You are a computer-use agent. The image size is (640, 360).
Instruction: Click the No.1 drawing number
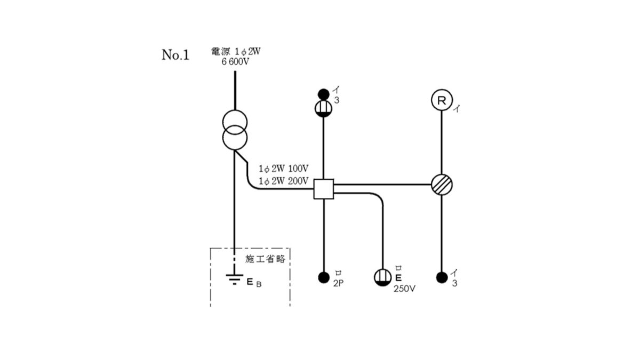coord(175,55)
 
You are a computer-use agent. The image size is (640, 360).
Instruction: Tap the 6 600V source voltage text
coord(235,62)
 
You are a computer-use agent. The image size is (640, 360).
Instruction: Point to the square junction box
coord(324,189)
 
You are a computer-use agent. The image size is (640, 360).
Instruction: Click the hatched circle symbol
coord(442,185)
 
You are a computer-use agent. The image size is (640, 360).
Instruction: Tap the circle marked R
coord(442,100)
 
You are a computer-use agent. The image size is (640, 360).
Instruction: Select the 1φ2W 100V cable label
coord(283,169)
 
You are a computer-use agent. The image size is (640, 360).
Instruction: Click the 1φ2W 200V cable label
coord(283,181)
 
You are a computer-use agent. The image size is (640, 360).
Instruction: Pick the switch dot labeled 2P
coord(324,277)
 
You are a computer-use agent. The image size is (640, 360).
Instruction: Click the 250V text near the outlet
coord(404,289)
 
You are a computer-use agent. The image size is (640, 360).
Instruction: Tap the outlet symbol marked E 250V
coord(383,277)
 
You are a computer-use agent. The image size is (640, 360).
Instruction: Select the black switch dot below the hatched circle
coord(442,277)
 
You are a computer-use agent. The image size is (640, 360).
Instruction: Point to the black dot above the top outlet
coord(323,94)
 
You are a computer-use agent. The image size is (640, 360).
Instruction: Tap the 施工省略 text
coord(265,259)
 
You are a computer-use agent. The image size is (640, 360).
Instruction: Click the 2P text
coord(338,283)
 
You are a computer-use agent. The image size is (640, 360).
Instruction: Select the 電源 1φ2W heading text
coord(236,51)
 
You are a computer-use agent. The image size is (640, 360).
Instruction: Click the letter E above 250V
coord(398,278)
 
